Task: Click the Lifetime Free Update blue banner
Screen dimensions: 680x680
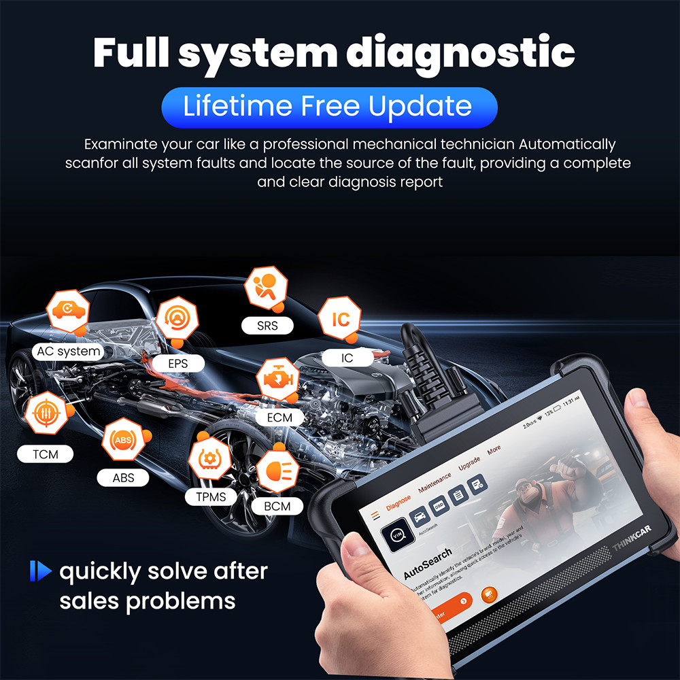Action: (329, 107)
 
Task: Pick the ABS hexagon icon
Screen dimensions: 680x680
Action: (123, 441)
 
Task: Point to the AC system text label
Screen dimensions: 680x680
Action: (69, 352)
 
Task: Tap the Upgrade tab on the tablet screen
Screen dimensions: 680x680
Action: (469, 464)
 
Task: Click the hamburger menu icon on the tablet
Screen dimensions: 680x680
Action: (373, 515)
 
